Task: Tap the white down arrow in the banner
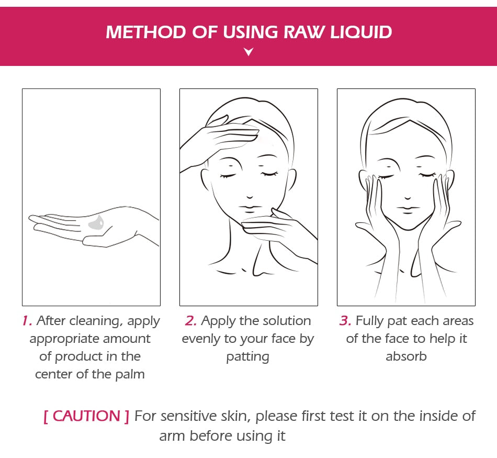(249, 52)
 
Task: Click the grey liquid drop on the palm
(96, 224)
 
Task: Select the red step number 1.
(27, 321)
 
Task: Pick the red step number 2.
(191, 321)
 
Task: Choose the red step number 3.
(345, 321)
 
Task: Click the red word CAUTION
(86, 416)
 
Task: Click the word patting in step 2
(248, 356)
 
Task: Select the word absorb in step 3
(406, 356)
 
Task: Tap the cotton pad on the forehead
(245, 131)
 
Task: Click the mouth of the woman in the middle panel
(250, 208)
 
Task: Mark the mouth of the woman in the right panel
(406, 208)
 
